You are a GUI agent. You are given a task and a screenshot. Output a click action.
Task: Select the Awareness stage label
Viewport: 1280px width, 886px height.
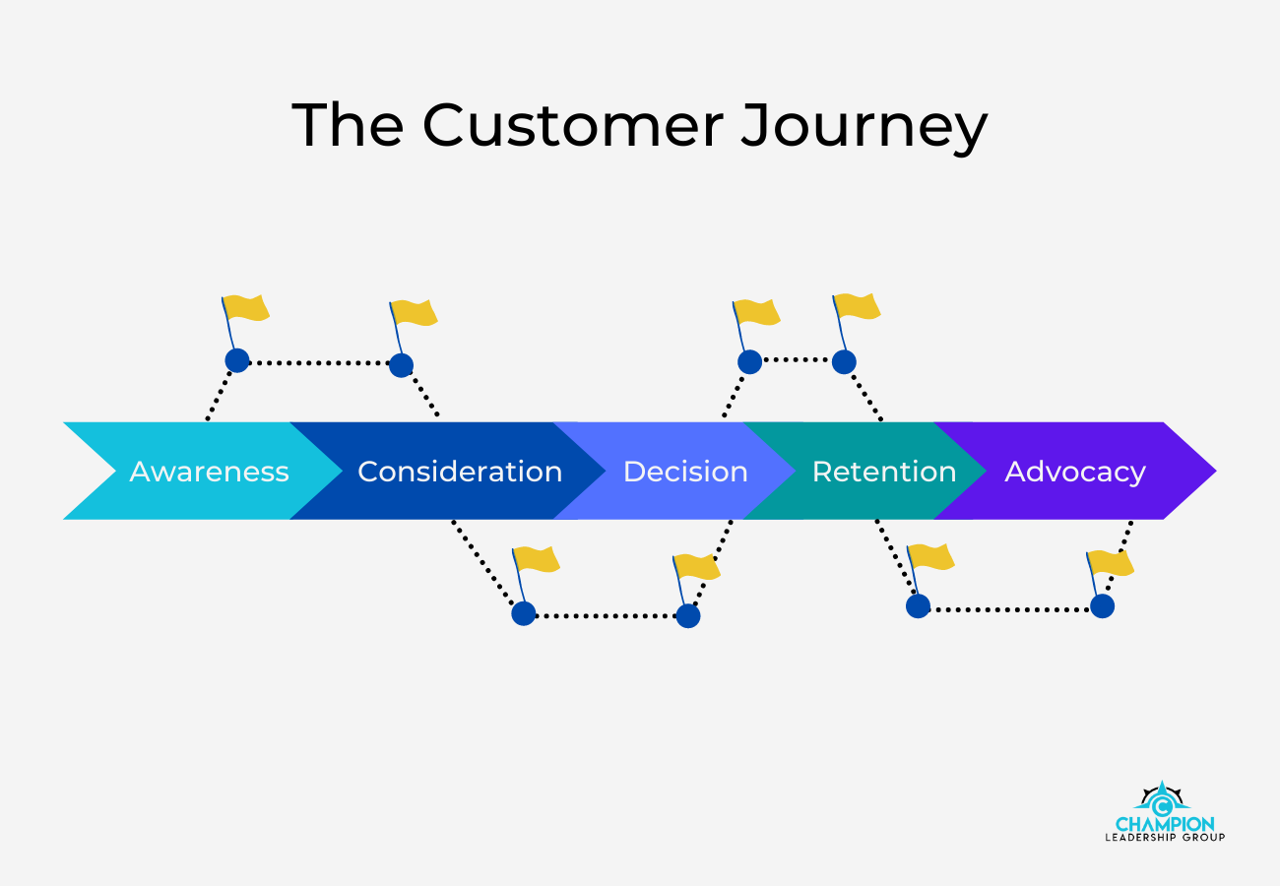pos(209,472)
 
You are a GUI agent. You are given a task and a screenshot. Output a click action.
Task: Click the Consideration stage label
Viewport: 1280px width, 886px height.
pos(459,472)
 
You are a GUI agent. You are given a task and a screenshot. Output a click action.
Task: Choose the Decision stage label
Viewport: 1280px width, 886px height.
pos(685,472)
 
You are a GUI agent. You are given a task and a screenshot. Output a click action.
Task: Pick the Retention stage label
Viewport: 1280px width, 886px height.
pos(883,472)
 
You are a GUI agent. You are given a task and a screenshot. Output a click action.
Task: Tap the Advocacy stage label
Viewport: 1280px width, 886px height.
pos(1074,472)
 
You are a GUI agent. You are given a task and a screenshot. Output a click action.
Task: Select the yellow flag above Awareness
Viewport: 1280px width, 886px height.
pos(246,307)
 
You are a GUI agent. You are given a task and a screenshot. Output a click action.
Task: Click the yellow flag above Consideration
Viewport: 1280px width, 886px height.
pos(415,313)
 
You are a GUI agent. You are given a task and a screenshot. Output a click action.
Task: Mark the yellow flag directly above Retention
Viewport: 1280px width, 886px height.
pos(857,306)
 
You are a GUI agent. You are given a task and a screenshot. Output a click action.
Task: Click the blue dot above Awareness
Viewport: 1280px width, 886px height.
pos(236,360)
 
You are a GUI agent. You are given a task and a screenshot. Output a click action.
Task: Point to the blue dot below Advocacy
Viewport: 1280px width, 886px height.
pos(1102,605)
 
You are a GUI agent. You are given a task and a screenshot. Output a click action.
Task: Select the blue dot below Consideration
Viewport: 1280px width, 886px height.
pos(523,613)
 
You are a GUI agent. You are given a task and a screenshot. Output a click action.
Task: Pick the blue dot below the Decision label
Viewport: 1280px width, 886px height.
pos(687,616)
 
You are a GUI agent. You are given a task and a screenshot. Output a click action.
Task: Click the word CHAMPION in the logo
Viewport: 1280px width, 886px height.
pos(1165,824)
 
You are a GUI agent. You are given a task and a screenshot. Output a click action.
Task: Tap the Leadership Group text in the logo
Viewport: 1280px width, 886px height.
pos(1165,838)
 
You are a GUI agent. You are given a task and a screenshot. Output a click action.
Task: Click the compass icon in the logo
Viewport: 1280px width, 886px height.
pos(1163,797)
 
